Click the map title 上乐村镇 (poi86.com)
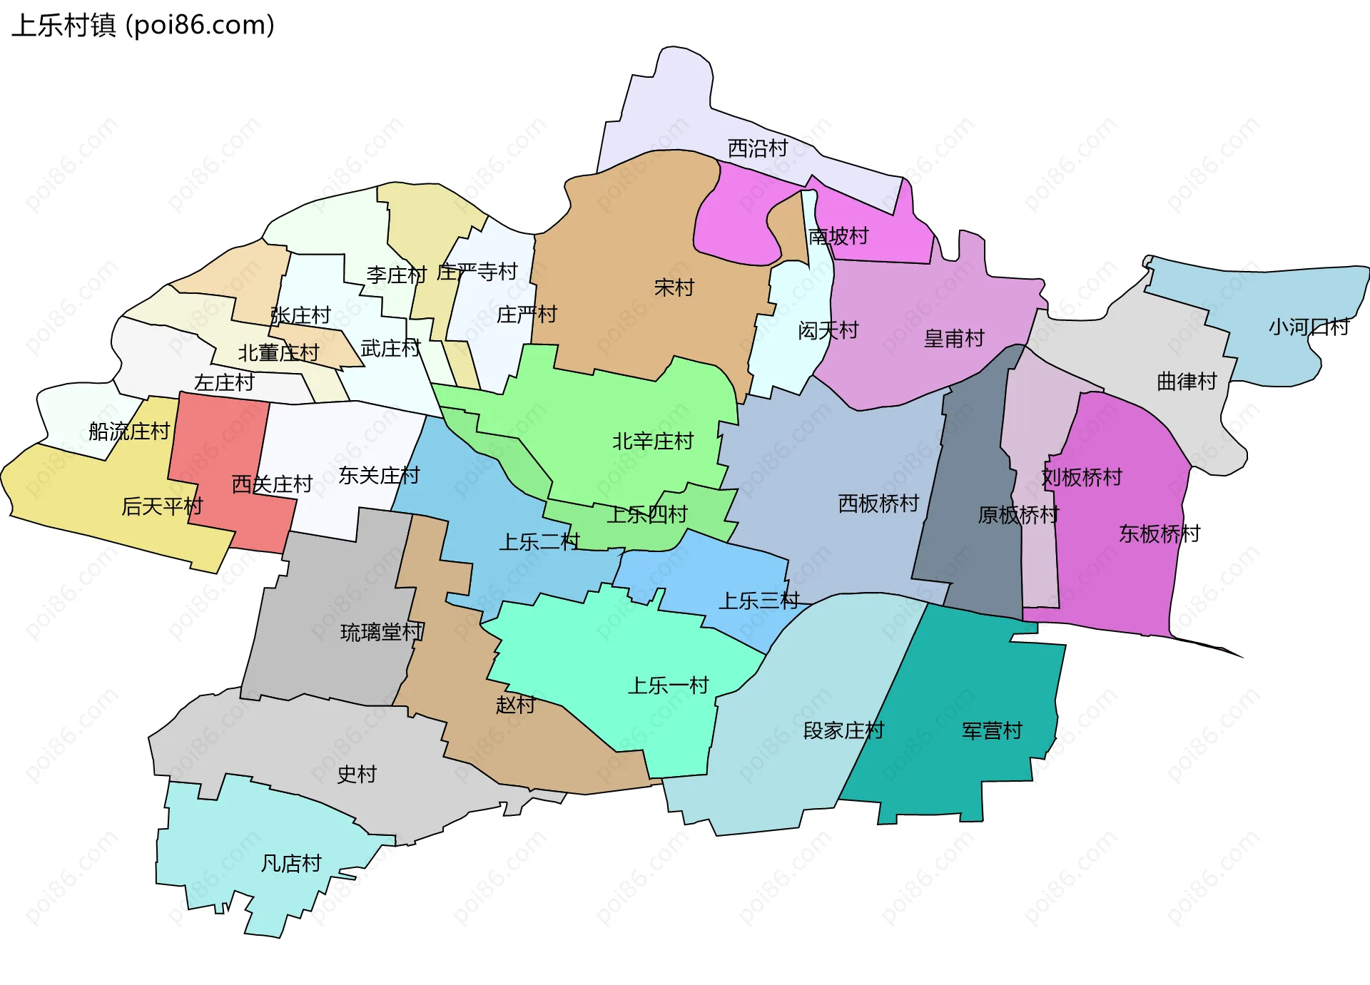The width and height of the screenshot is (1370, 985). click(143, 26)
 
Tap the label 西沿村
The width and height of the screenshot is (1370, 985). click(757, 148)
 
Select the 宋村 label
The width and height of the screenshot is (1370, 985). click(674, 287)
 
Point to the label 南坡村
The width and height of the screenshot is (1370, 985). click(838, 236)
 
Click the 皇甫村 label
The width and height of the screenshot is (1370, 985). click(953, 338)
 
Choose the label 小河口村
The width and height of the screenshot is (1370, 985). click(1309, 327)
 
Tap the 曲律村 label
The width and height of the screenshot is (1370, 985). click(1187, 382)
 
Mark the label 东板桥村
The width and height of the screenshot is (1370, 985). click(1160, 534)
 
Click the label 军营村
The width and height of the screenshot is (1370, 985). click(992, 730)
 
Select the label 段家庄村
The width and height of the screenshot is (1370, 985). click(843, 730)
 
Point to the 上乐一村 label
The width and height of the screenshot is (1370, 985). click(668, 685)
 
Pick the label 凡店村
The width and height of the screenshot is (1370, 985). click(291, 864)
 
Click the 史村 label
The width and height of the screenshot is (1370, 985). click(357, 774)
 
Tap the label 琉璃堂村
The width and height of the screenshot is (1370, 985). click(382, 632)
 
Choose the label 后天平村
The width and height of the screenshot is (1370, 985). click(162, 506)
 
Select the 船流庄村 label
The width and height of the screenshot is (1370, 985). click(129, 431)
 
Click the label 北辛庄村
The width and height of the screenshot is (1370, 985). click(653, 442)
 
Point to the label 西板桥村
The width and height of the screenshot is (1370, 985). click(878, 504)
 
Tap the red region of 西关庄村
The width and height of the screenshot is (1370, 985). click(214, 442)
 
